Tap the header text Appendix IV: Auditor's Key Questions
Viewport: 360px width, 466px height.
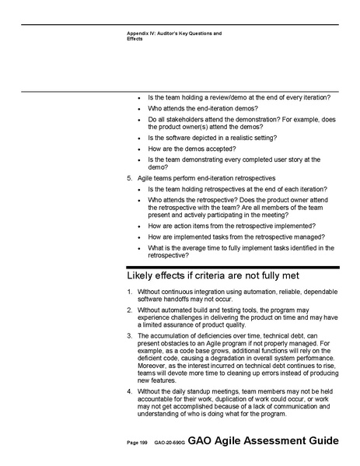(x=174, y=33)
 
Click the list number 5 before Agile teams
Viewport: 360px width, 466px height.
(x=129, y=179)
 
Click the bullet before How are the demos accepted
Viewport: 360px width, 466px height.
(x=138, y=148)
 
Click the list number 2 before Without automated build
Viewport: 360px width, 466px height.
(x=129, y=310)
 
